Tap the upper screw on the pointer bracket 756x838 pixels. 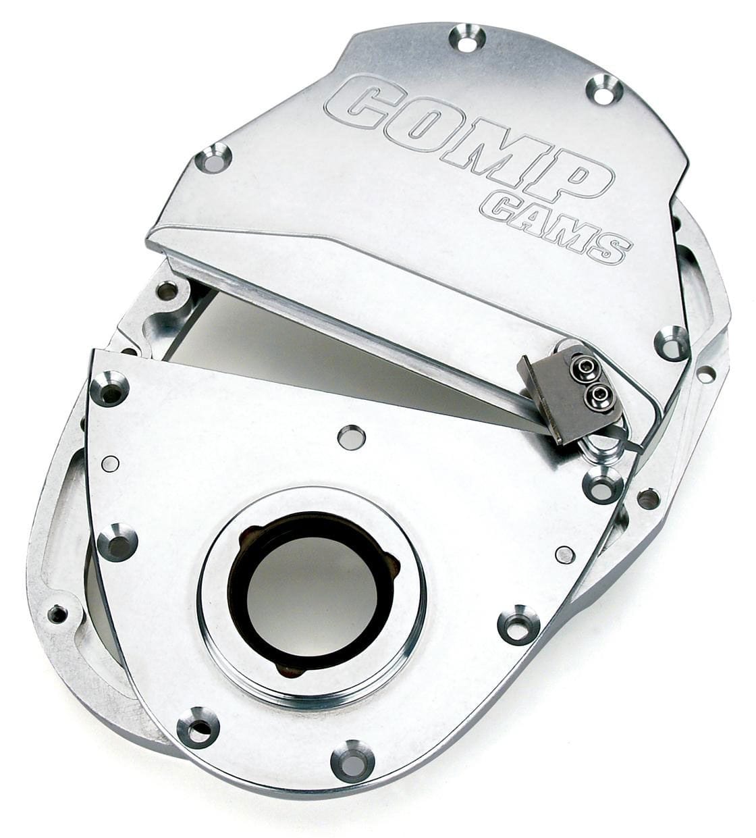click(582, 369)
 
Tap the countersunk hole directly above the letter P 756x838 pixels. click(603, 90)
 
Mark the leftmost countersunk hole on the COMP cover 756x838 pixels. click(213, 159)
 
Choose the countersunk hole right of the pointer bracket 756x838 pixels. click(671, 342)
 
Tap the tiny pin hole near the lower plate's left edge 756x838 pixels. click(109, 464)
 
